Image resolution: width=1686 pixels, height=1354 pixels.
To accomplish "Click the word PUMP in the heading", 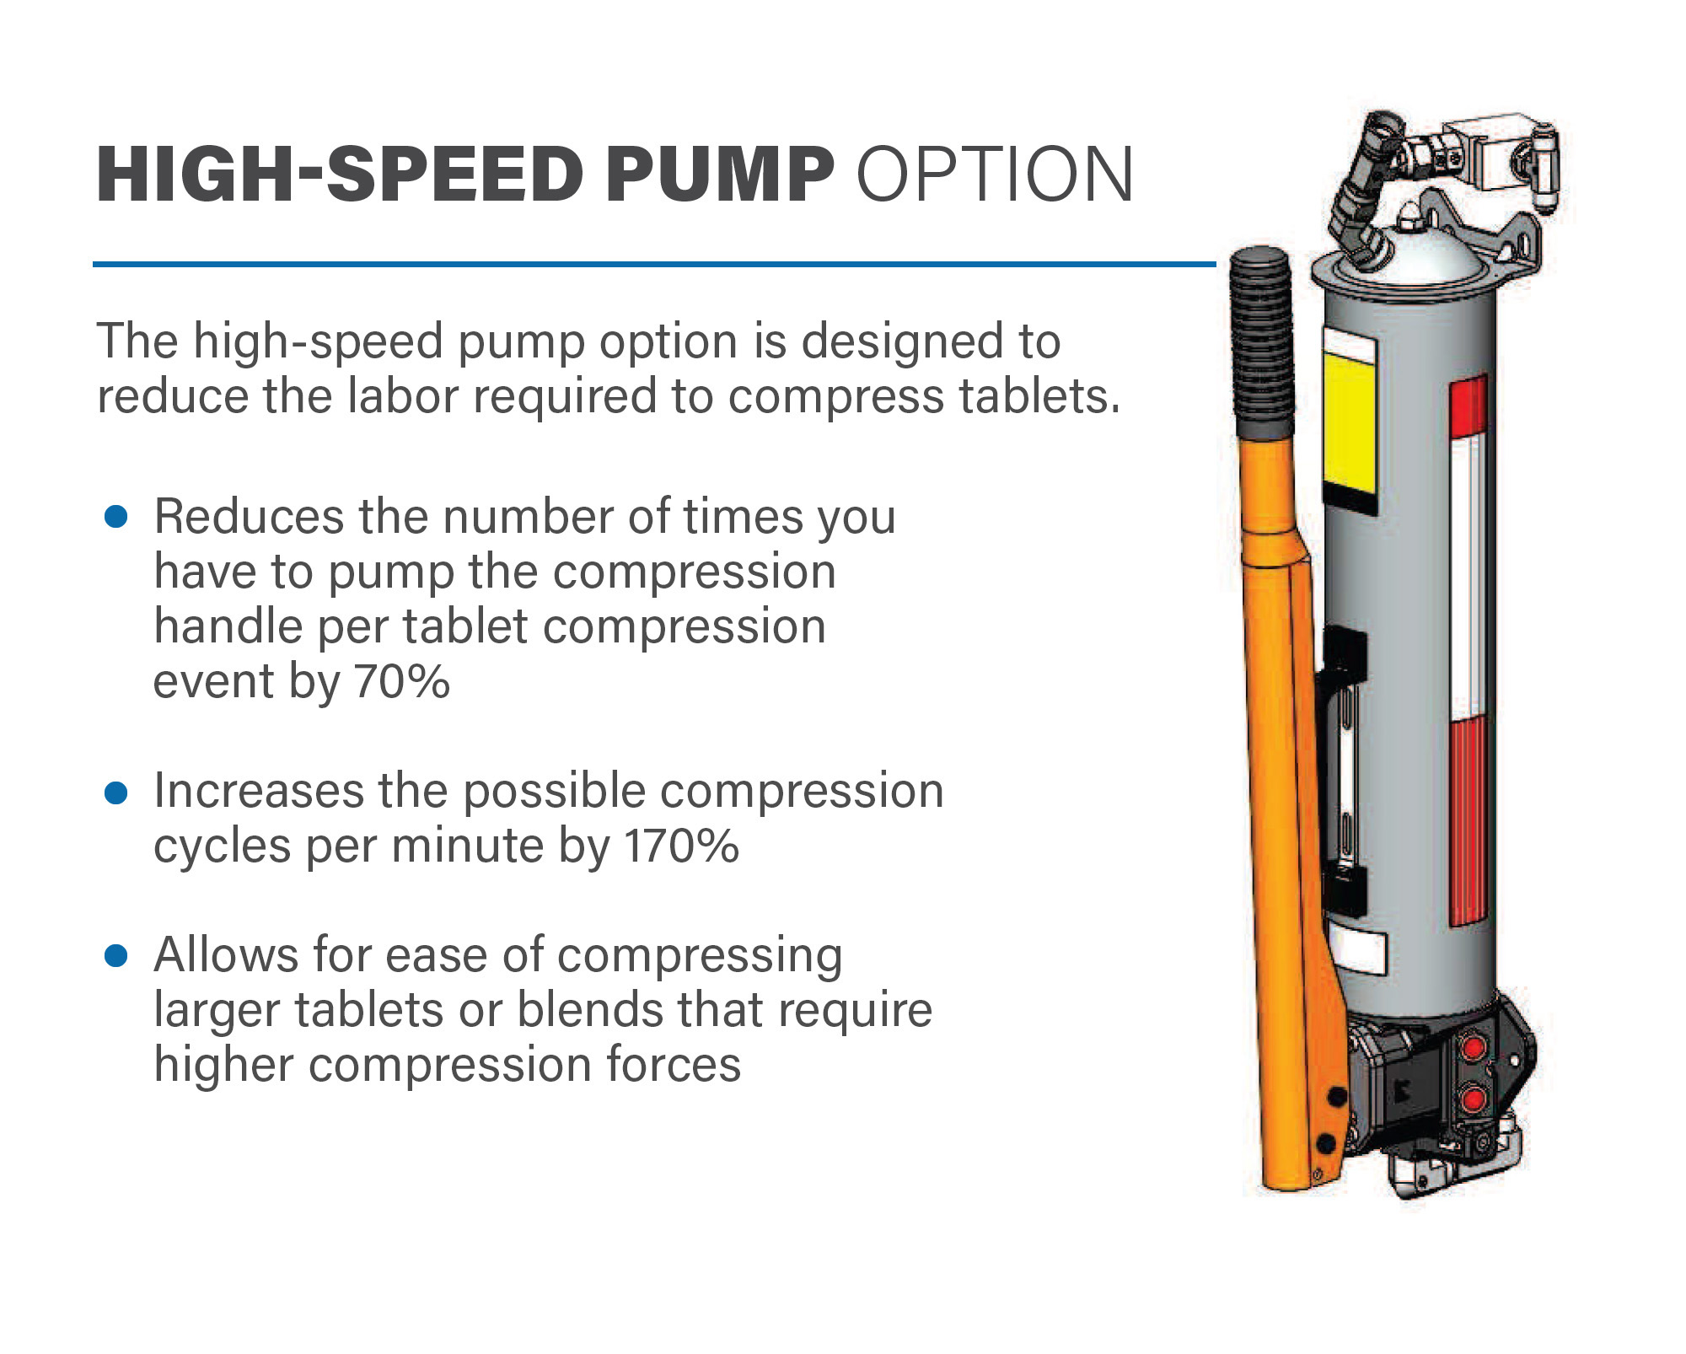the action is click(x=719, y=175).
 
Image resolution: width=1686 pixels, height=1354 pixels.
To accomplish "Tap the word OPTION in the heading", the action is click(x=995, y=175).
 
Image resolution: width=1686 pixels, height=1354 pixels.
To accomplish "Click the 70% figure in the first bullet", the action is click(x=402, y=681).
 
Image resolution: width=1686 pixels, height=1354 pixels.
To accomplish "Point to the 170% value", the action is click(x=681, y=846).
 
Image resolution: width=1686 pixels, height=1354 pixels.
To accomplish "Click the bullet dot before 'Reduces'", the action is click(x=115, y=517).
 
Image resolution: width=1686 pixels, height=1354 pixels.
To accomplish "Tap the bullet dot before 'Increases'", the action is click(x=115, y=792).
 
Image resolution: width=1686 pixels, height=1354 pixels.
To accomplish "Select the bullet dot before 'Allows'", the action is click(x=115, y=956).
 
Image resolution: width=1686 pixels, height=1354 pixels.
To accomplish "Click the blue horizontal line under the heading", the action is click(x=654, y=264).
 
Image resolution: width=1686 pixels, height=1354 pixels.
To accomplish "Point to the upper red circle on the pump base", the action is click(x=1474, y=1048).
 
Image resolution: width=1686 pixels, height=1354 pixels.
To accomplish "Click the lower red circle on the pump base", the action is click(x=1474, y=1099).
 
